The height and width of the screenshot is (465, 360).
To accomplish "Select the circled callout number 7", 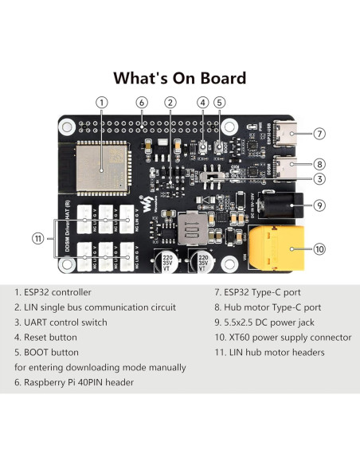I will [x=319, y=134].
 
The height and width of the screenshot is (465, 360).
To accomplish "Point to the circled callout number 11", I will [x=37, y=237].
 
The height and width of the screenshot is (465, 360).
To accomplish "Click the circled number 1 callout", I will [x=101, y=102].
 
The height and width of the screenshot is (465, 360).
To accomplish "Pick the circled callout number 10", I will [x=320, y=248].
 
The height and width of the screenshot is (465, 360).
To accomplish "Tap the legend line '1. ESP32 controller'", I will [x=53, y=292].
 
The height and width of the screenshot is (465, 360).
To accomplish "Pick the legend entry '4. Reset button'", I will [x=48, y=337].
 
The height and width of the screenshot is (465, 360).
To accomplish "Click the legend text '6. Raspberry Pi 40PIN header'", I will [x=74, y=382].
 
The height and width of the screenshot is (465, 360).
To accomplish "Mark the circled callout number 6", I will [x=141, y=102].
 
